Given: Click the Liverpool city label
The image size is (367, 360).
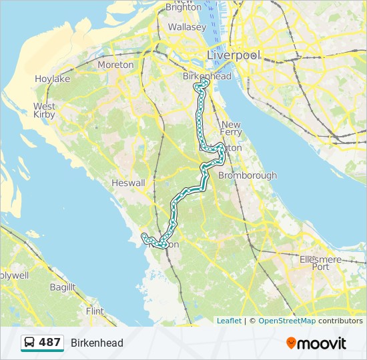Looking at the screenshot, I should pyautogui.click(x=234, y=55).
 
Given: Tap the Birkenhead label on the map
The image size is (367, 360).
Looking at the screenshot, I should pyautogui.click(x=207, y=77).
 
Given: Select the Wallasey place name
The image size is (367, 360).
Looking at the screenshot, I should pyautogui.click(x=188, y=27).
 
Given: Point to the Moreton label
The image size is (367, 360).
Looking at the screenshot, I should pyautogui.click(x=115, y=65).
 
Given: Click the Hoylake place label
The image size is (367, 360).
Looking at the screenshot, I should pyautogui.click(x=53, y=79).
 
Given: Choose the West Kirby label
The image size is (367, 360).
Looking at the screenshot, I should pyautogui.click(x=45, y=111).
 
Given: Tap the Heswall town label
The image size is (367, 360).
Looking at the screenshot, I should pyautogui.click(x=128, y=183).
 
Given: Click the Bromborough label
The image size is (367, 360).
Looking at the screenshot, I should pyautogui.click(x=248, y=175).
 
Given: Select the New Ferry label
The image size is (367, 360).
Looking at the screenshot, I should pyautogui.click(x=231, y=129).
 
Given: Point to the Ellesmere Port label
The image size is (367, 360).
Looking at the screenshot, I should pyautogui.click(x=321, y=263).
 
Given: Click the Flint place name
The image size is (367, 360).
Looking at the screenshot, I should pyautogui.click(x=95, y=311).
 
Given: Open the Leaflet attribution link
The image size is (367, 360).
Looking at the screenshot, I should pyautogui.click(x=229, y=321).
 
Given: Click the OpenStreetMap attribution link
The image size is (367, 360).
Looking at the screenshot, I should pyautogui.click(x=286, y=321).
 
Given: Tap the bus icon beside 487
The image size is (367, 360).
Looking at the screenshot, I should pyautogui.click(x=30, y=343).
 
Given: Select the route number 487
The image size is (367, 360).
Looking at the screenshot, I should pyautogui.click(x=49, y=343).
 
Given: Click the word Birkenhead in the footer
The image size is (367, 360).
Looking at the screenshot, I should pyautogui.click(x=97, y=343).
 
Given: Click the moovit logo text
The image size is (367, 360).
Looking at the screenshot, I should pyautogui.click(x=322, y=343).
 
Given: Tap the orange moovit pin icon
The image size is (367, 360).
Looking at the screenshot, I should pyautogui.click(x=291, y=343).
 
